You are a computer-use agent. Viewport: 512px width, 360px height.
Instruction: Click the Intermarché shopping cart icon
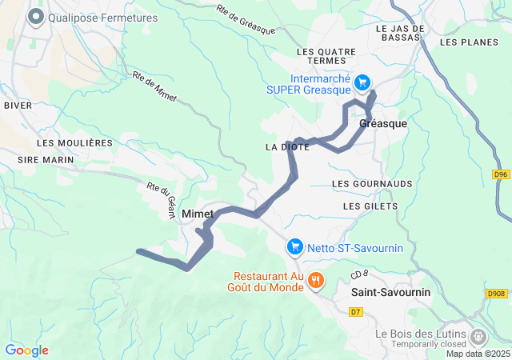coord(362,82)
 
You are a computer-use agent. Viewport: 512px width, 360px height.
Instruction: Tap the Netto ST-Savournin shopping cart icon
coord(295,247)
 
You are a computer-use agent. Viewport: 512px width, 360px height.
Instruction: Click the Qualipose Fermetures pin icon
coord(36,17)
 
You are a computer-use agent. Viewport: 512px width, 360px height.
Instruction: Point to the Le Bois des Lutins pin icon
coord(479,336)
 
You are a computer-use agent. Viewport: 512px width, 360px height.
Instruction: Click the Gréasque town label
coord(383,124)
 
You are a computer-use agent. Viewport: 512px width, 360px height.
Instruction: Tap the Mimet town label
coord(198,214)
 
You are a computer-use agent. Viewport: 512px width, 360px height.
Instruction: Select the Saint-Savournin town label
coord(390,293)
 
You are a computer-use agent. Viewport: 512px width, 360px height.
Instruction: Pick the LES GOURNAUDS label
coord(371,184)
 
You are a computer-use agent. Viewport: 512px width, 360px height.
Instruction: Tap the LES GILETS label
coord(370,206)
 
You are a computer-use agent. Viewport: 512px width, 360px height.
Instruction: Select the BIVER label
coord(18,105)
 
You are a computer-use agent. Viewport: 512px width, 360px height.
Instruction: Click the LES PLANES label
coord(465,42)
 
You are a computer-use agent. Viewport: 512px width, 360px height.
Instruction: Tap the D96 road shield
coord(499,174)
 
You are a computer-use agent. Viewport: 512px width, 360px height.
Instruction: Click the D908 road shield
coord(496,294)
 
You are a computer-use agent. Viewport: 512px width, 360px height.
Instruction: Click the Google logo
coord(26,350)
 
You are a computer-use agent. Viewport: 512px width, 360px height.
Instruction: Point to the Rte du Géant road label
coord(159,195)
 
